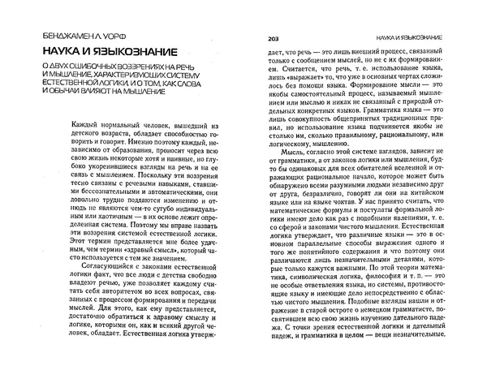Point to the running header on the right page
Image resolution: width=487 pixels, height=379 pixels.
(x=414, y=38)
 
